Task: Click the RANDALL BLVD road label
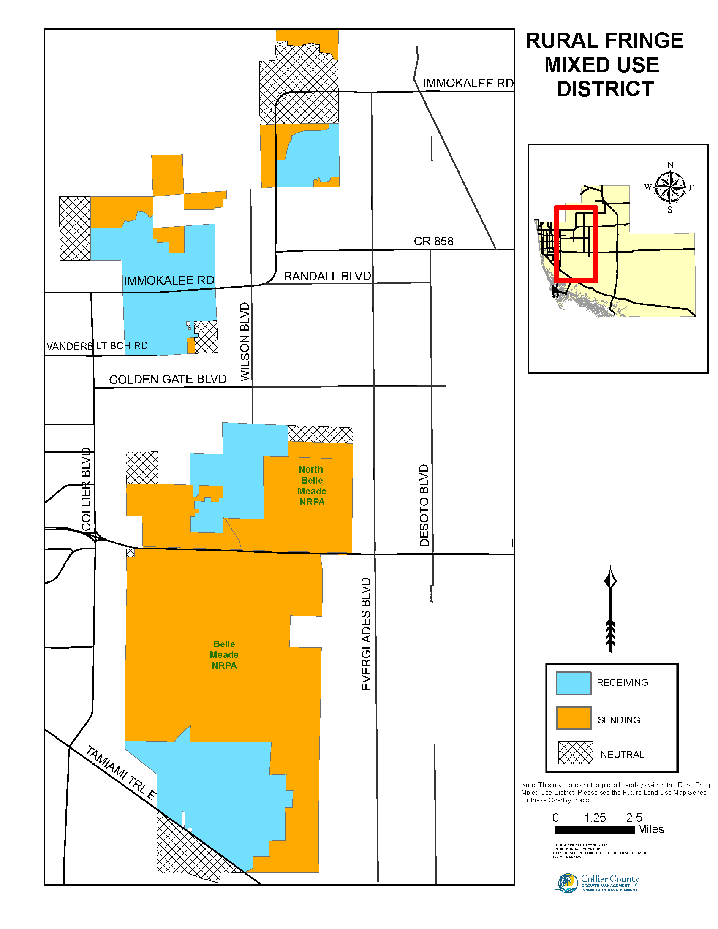[327, 277]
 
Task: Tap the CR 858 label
[433, 241]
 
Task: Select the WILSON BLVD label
[245, 342]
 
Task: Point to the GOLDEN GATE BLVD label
[168, 380]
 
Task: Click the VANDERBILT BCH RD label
[97, 346]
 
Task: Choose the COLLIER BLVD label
[86, 489]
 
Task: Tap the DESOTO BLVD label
[424, 505]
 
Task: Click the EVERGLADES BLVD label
[366, 634]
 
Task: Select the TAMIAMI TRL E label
[121, 773]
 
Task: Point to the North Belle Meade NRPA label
[312, 485]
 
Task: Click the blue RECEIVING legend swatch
[574, 683]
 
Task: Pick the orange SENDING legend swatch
[574, 718]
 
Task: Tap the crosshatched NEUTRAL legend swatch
[575, 752]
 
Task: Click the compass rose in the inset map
[670, 187]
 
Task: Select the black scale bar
[595, 829]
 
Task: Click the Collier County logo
[597, 883]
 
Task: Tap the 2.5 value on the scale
[634, 818]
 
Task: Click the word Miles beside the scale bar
[650, 829]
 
